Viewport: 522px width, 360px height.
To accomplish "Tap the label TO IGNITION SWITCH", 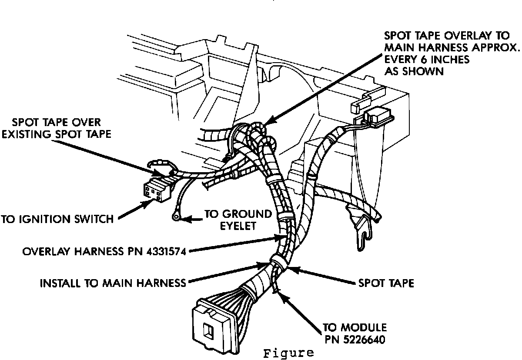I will tap(58, 219).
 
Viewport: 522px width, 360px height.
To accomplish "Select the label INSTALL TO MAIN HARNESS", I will tap(113, 283).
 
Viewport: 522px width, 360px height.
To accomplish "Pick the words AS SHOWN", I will tap(414, 71).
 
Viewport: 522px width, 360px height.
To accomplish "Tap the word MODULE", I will tap(363, 327).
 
